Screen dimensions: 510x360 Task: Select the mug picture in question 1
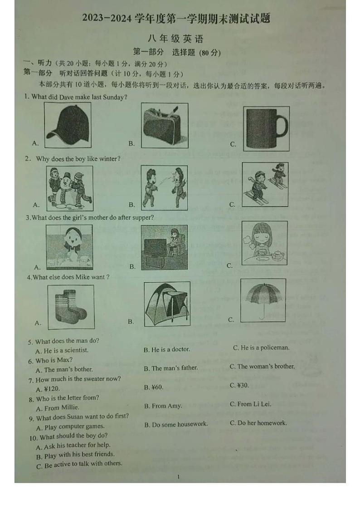[266, 128]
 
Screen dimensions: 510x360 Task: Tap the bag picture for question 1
[164, 125]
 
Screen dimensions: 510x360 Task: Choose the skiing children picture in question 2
[265, 185]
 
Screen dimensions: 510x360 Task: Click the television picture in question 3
[164, 248]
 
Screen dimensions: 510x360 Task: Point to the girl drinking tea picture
[264, 243]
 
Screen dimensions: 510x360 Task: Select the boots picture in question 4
[71, 307]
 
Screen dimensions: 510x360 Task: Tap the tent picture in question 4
[166, 304]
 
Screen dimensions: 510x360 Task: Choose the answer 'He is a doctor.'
[167, 349]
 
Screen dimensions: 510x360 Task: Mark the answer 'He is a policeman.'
[261, 348]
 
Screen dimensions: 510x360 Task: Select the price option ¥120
[48, 389]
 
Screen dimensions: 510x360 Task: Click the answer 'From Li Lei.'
[250, 404]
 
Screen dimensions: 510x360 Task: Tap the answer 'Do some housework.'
[176, 424]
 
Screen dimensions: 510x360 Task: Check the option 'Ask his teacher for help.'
[73, 445]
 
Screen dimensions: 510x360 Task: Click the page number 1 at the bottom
[179, 477]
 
